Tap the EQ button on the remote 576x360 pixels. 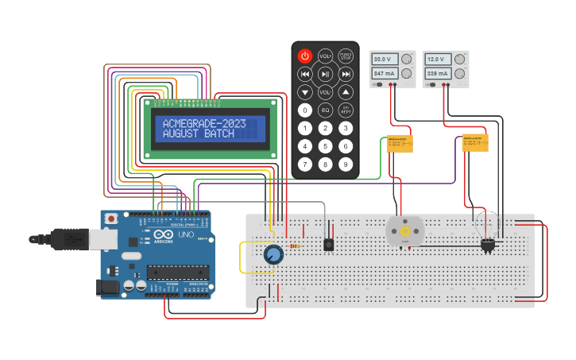[x=325, y=110]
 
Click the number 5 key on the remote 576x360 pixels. [x=325, y=146]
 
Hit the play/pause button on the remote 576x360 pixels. [x=325, y=74]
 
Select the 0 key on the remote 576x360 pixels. [x=305, y=110]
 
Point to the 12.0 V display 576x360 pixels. [x=437, y=60]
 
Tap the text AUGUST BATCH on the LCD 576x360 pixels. [x=199, y=134]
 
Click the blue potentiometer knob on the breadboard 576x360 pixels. [x=273, y=254]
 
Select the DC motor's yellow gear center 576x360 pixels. [x=404, y=231]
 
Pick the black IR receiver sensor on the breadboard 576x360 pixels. [x=328, y=245]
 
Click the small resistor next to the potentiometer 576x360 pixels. [x=296, y=246]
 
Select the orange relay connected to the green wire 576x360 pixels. [x=400, y=144]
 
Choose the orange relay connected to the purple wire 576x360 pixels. [x=475, y=142]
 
